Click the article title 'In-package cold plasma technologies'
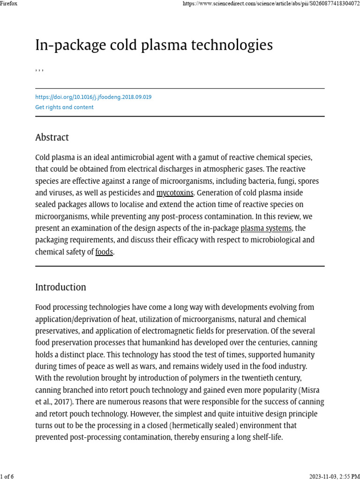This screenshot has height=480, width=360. pyautogui.click(x=154, y=45)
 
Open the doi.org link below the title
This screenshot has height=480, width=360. pyautogui.click(x=93, y=97)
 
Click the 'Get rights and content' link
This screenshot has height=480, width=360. pyautogui.click(x=64, y=107)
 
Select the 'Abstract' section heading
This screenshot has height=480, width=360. pyautogui.click(x=52, y=137)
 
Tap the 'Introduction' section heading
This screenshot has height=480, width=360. pyautogui.click(x=60, y=287)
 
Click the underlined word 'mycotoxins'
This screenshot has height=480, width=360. pyautogui.click(x=175, y=193)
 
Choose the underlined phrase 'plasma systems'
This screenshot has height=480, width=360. pyautogui.click(x=266, y=228)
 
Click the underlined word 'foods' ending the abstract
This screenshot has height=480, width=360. pyautogui.click(x=104, y=252)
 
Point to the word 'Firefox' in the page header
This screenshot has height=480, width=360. pyautogui.click(x=9, y=4)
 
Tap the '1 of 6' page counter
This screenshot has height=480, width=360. pyautogui.click(x=7, y=476)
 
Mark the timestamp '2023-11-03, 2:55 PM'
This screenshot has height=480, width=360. pyautogui.click(x=334, y=476)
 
